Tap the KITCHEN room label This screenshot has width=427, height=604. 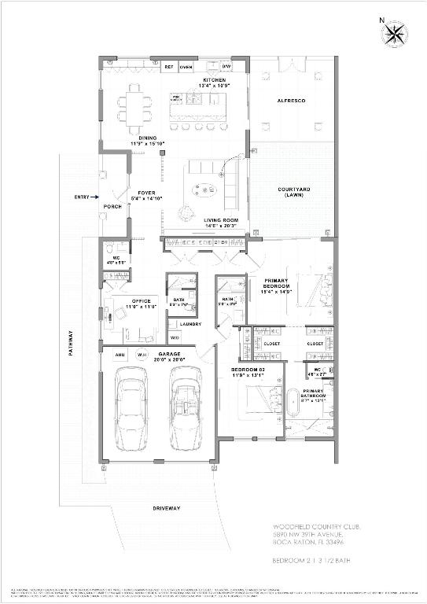pyautogui.click(x=214, y=81)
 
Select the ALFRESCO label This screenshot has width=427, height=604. pyautogui.click(x=290, y=101)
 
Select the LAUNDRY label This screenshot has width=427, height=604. pyautogui.click(x=190, y=324)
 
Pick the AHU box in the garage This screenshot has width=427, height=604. pyautogui.click(x=119, y=354)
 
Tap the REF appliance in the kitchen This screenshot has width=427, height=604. pyautogui.click(x=168, y=68)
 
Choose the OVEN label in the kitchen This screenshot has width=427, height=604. pyautogui.click(x=186, y=68)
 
